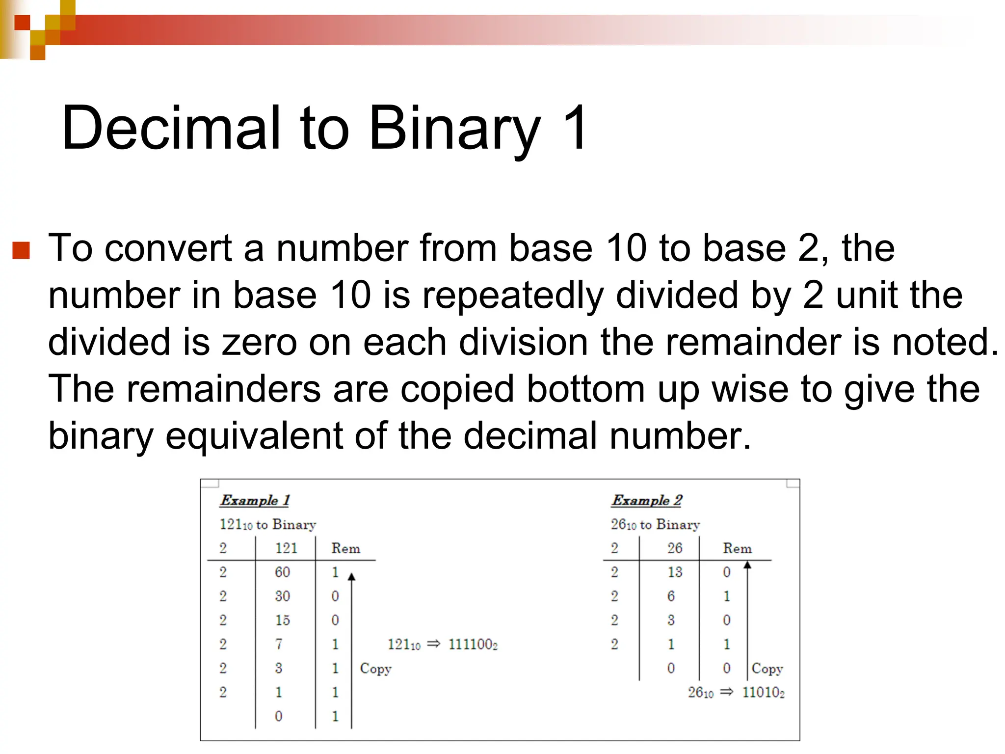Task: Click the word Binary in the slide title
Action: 454,129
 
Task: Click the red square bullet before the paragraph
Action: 21,250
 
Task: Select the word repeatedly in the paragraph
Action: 513,296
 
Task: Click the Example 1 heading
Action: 255,500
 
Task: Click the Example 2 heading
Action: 646,500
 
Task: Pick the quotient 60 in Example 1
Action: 282,572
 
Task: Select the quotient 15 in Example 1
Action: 282,620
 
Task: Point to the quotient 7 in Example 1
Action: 279,644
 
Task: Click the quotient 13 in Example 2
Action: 675,572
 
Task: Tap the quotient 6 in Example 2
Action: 671,596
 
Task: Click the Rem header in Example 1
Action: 345,548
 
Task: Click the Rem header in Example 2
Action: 737,548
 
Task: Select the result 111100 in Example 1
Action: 473,644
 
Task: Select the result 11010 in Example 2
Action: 763,692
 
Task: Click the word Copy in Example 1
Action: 375,669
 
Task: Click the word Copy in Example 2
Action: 767,669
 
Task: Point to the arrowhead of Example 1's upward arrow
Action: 351,576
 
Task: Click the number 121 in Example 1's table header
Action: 286,548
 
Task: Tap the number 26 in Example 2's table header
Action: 675,548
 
